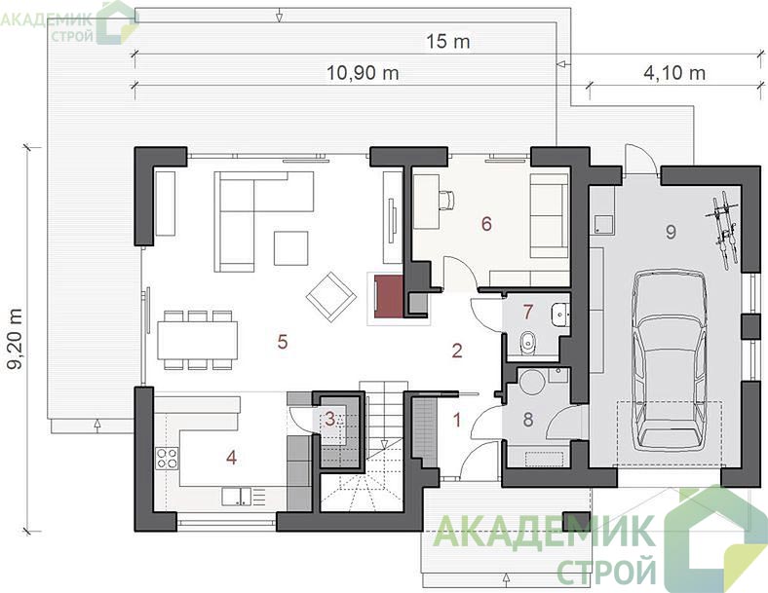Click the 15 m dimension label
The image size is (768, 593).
tap(447, 42)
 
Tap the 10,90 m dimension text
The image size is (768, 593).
tap(363, 73)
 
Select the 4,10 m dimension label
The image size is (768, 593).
tap(674, 73)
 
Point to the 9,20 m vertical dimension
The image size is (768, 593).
tap(17, 338)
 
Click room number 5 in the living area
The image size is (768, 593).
tap(282, 342)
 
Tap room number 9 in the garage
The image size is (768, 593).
tap(671, 232)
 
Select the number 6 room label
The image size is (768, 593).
tap(486, 224)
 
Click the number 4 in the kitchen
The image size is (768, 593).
tap(231, 458)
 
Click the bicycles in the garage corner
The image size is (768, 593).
tap(723, 230)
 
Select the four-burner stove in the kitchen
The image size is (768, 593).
tap(167, 459)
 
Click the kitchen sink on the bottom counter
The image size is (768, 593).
tap(237, 497)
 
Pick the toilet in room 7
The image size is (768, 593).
tap(528, 342)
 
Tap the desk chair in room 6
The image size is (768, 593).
tap(446, 200)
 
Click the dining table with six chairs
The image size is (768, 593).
tap(198, 340)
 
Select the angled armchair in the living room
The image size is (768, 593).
tap(330, 297)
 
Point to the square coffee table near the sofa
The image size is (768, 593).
tap(291, 248)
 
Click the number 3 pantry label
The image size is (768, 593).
tap(330, 419)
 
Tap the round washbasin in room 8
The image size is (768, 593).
tap(531, 382)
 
